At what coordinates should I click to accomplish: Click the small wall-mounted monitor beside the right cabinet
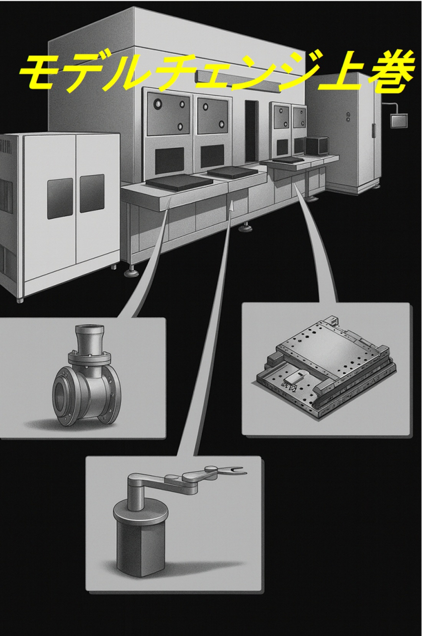point(399,120)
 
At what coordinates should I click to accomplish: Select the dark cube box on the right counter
point(316,147)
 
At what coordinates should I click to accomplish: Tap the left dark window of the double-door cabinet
point(59,198)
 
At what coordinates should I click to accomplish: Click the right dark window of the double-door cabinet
point(91,193)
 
